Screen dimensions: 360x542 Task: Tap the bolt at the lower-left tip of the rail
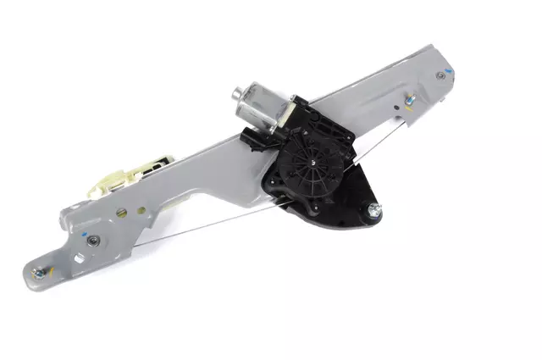[37, 273]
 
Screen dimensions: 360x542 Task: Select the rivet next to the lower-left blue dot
[92, 242]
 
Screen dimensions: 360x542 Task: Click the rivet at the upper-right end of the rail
[440, 75]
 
